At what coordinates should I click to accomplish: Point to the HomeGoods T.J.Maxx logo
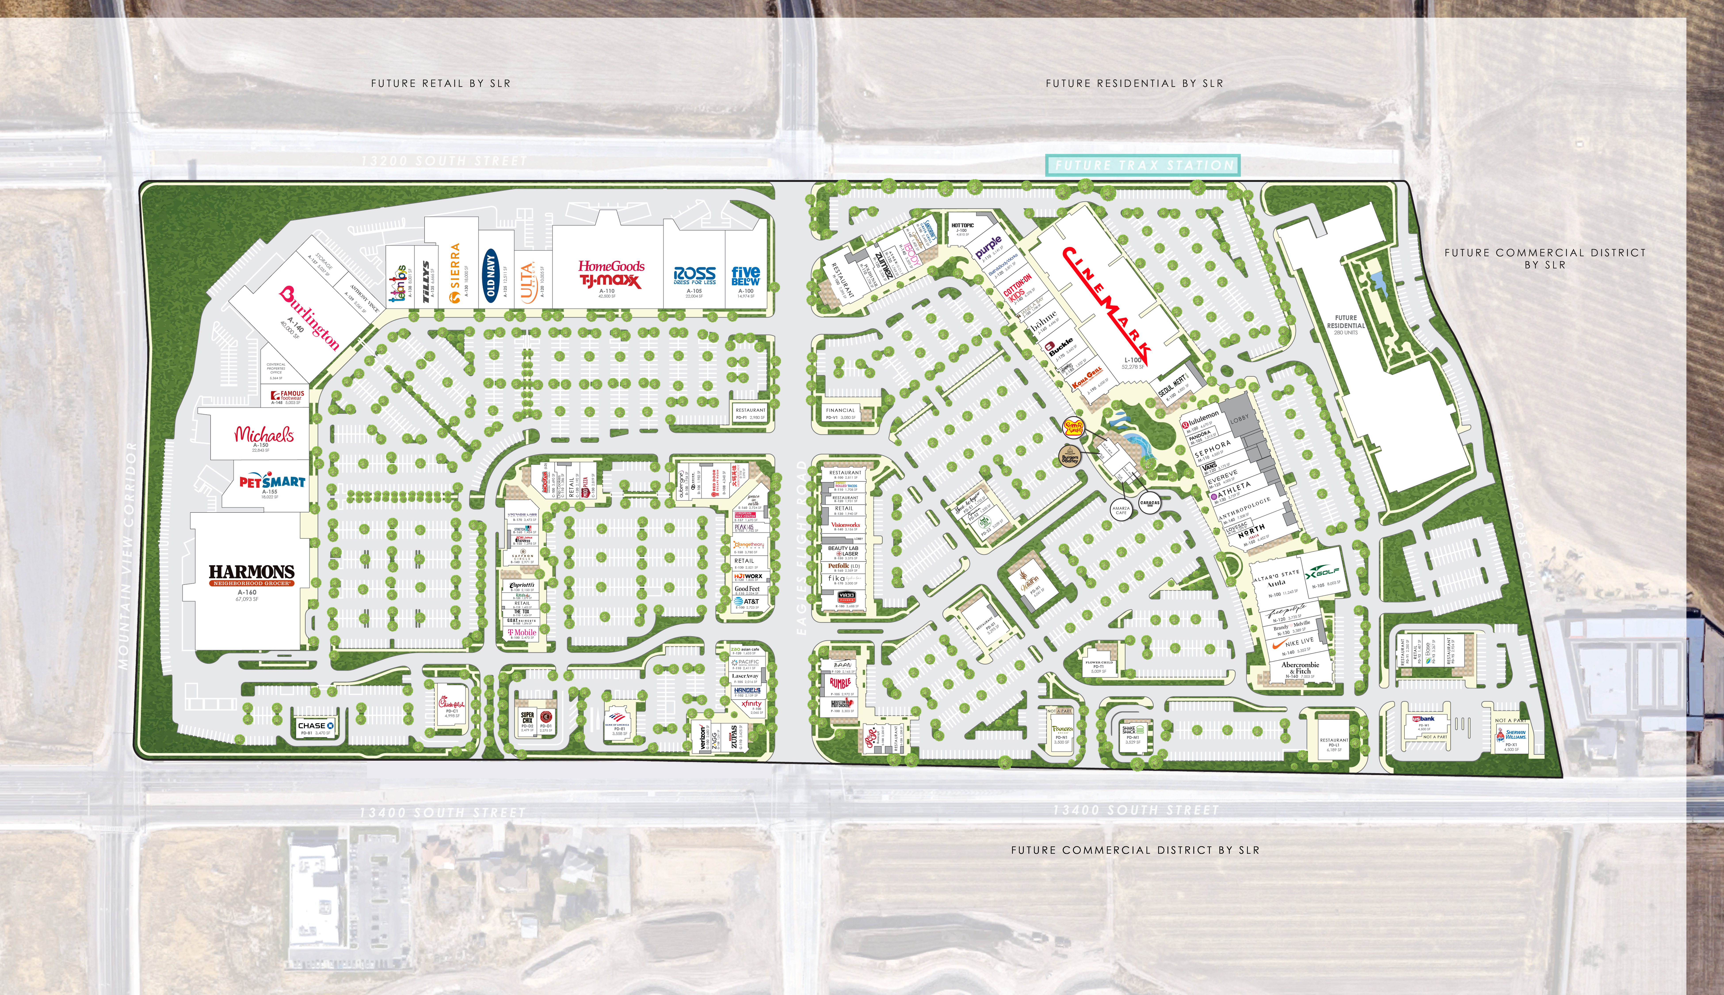611,274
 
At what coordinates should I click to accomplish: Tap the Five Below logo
745,276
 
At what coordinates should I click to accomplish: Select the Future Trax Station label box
1143,165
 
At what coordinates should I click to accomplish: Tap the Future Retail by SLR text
441,83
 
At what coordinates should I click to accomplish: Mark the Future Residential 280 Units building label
1346,325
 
